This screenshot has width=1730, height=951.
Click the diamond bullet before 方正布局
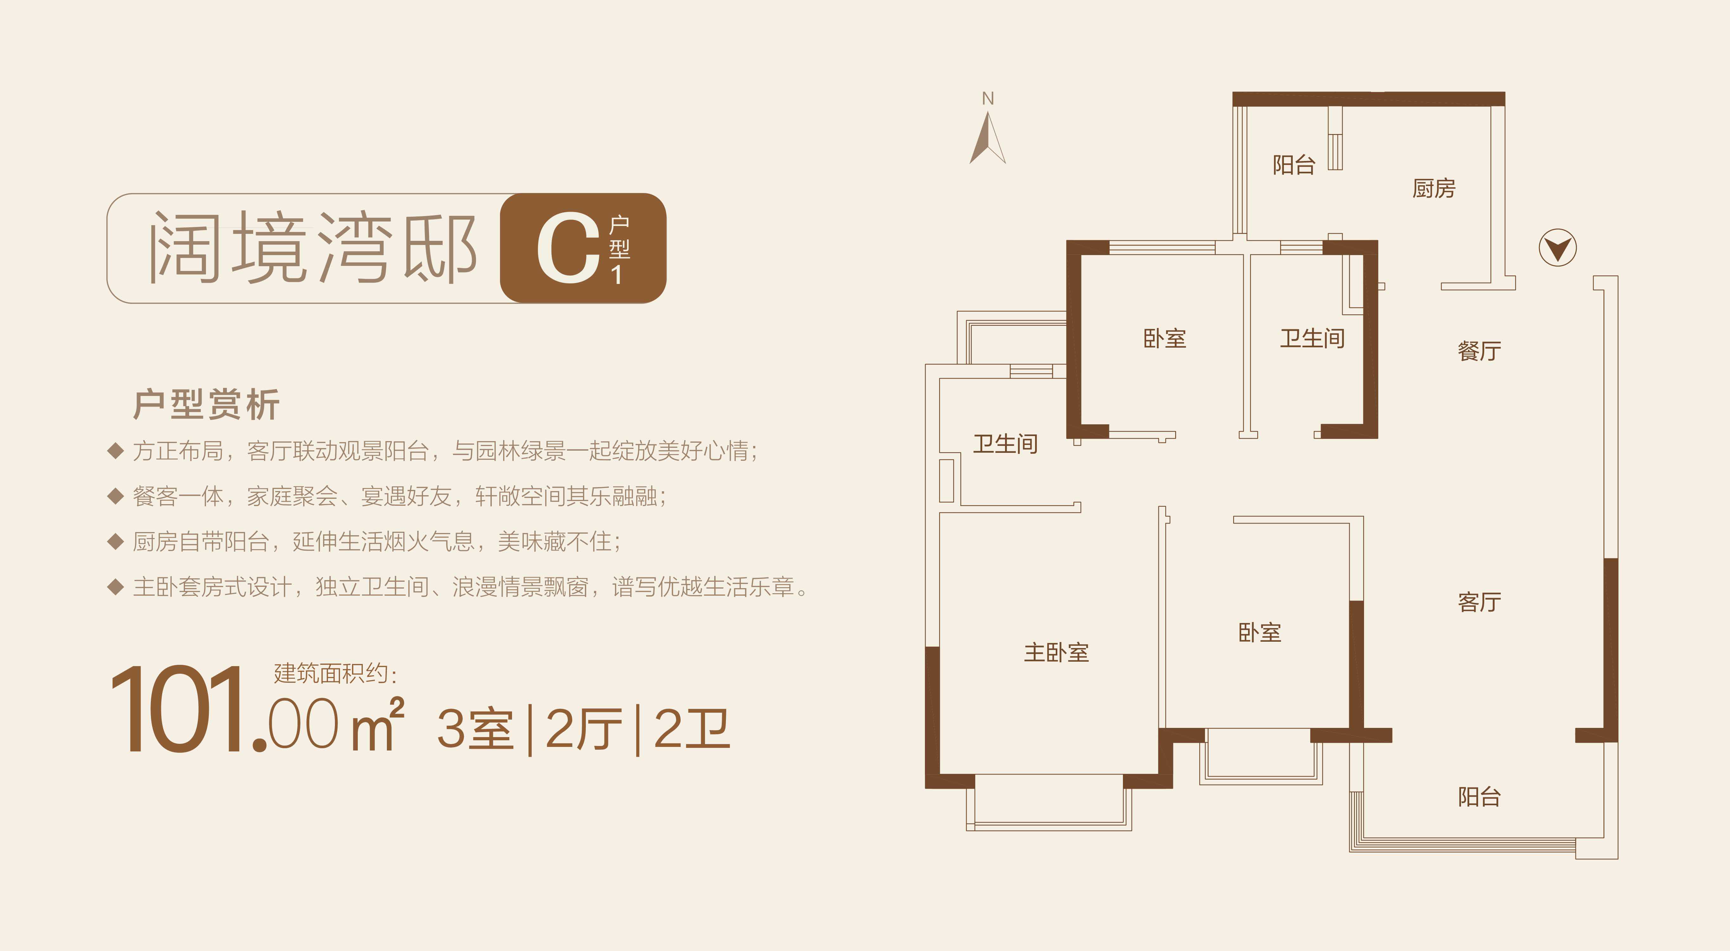[x=116, y=451]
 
